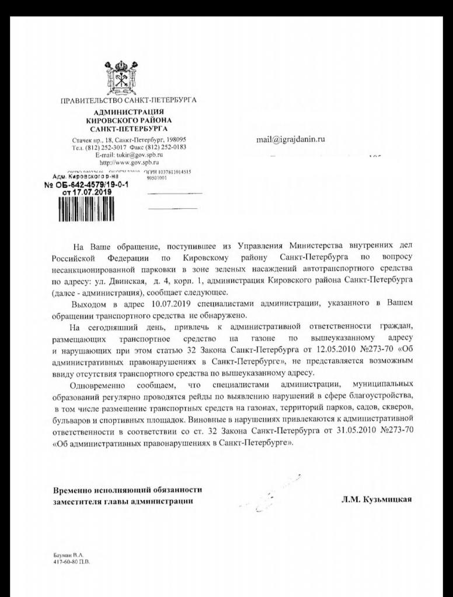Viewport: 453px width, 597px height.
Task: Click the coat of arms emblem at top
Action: coord(128,76)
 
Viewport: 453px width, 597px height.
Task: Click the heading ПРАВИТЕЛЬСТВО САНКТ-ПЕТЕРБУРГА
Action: coord(128,100)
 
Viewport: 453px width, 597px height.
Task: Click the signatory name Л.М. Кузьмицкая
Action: coord(375,500)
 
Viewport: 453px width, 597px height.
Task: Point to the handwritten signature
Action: coord(274,493)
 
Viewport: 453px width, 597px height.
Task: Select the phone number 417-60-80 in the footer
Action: coord(65,564)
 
